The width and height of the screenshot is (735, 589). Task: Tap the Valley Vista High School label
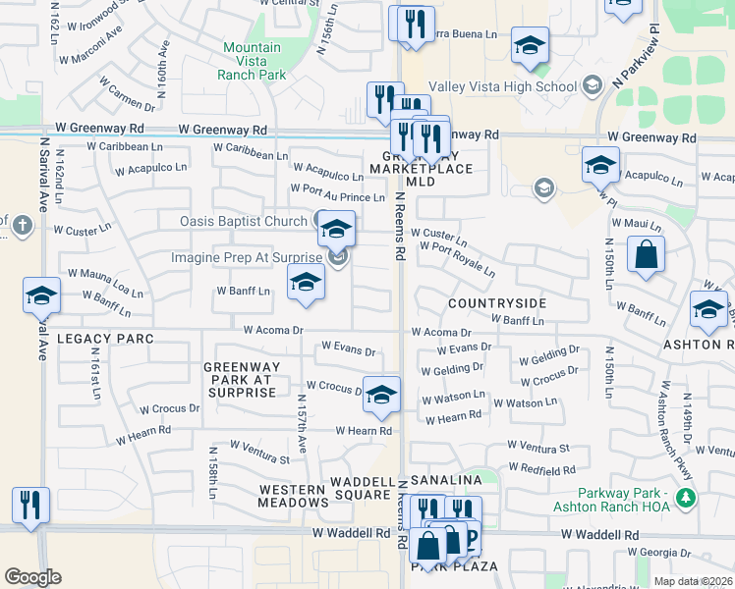[517, 86]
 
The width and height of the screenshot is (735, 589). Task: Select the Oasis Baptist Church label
[244, 221]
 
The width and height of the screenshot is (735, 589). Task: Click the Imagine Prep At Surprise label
[247, 258]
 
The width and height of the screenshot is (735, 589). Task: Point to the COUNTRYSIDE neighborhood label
[496, 303]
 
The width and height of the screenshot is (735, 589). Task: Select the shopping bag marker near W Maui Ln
[648, 255]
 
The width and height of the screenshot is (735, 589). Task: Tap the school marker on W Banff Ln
[306, 283]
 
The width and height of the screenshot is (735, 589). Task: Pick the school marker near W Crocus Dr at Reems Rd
[381, 395]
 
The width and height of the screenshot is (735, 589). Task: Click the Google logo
[32, 577]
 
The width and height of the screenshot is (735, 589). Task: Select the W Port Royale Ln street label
[457, 258]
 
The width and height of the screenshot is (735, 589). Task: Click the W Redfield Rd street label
[541, 471]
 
